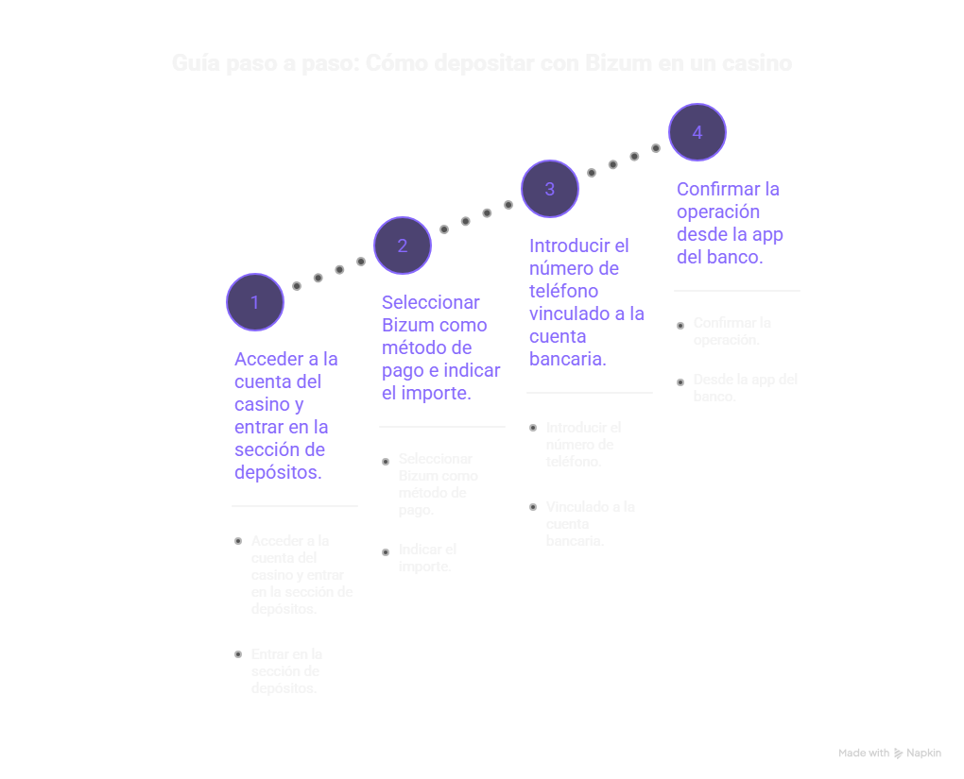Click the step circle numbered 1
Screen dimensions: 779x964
point(255,302)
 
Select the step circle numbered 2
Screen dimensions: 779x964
point(403,246)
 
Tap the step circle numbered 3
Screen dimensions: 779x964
point(550,189)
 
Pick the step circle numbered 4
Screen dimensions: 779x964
point(697,132)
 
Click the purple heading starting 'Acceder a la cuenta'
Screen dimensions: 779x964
point(286,415)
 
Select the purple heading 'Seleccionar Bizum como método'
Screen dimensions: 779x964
point(440,347)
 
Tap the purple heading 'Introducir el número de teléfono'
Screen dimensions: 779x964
point(586,302)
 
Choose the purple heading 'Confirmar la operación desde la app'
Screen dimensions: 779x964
point(730,223)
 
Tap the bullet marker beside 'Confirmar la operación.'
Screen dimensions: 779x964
point(680,326)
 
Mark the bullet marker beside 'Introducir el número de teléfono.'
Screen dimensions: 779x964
point(533,428)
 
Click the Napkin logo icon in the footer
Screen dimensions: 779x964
point(898,754)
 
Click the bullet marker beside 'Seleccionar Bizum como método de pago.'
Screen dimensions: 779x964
point(386,462)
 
